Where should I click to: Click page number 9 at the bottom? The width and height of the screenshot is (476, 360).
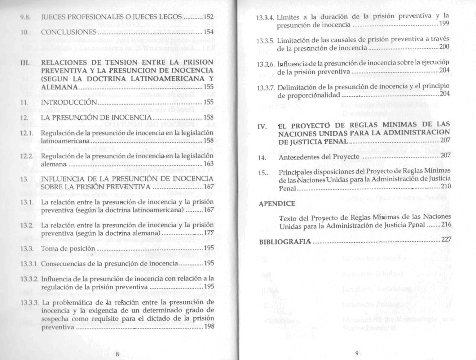[357, 353]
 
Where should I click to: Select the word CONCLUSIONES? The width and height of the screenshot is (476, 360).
[69, 32]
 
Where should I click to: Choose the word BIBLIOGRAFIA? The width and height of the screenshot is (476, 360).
[285, 241]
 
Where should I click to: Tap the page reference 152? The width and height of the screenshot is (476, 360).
[209, 17]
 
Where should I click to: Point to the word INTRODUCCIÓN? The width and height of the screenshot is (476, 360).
[69, 102]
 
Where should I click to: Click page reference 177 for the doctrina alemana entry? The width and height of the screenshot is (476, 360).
[209, 233]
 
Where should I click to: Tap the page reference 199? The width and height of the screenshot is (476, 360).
[444, 24]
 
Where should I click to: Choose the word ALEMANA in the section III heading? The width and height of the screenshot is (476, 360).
[59, 87]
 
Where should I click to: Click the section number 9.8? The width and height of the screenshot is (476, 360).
[25, 17]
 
